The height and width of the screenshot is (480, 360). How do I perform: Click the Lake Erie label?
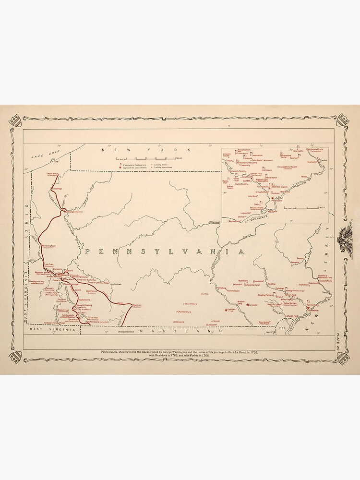pyautogui.click(x=43, y=155)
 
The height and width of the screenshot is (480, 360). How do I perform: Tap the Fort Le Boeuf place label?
pyautogui.click(x=53, y=174)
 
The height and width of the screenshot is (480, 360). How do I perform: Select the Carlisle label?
pyautogui.click(x=205, y=293)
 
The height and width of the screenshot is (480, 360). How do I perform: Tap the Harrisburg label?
pyautogui.click(x=221, y=288)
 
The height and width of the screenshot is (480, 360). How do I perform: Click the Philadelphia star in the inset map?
pyautogui.click(x=273, y=198)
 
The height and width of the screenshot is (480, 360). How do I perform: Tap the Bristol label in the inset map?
pyautogui.click(x=304, y=177)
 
